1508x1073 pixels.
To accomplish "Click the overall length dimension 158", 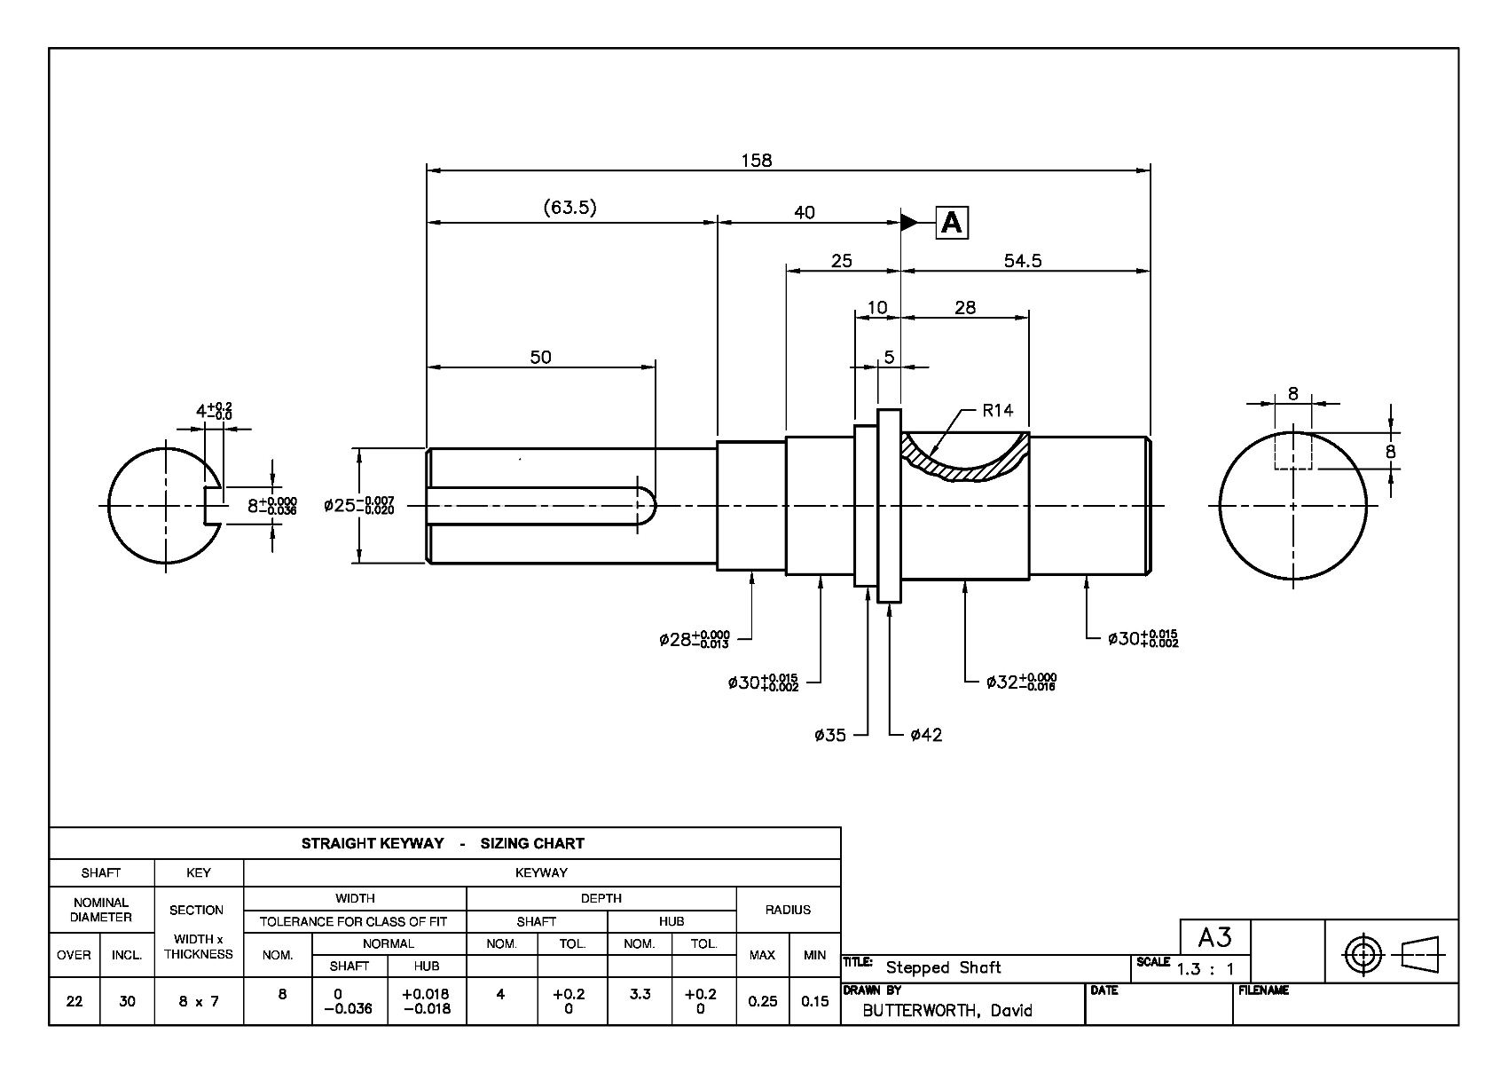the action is coord(756,161).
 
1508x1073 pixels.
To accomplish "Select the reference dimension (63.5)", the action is coord(569,207).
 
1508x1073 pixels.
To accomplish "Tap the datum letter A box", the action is coord(952,222).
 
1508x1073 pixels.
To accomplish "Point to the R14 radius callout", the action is coord(997,410).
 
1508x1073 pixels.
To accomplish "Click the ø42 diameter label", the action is coord(926,735).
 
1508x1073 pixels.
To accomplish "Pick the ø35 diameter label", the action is coord(829,735).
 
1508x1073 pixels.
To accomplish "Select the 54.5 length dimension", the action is coord(1023,261).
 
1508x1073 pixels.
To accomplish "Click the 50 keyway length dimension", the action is coord(540,357).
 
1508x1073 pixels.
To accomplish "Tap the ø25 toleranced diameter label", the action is coord(359,505).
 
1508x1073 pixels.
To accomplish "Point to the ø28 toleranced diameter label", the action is coord(694,639).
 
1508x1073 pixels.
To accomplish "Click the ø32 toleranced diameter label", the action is coord(1021,682).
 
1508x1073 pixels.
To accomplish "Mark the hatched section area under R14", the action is coord(967,471).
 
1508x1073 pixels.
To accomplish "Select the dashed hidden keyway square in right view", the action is coord(1293,450).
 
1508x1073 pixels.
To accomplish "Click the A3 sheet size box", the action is coord(1215,937).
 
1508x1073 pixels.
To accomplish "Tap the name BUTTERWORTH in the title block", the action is coord(919,1010).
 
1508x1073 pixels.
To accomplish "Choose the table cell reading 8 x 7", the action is coord(199,1002).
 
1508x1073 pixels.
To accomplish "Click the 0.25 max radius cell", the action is coord(763,1002).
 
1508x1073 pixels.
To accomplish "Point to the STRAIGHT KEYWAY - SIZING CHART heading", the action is coord(443,843).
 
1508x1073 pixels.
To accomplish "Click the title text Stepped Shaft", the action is coord(943,968).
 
